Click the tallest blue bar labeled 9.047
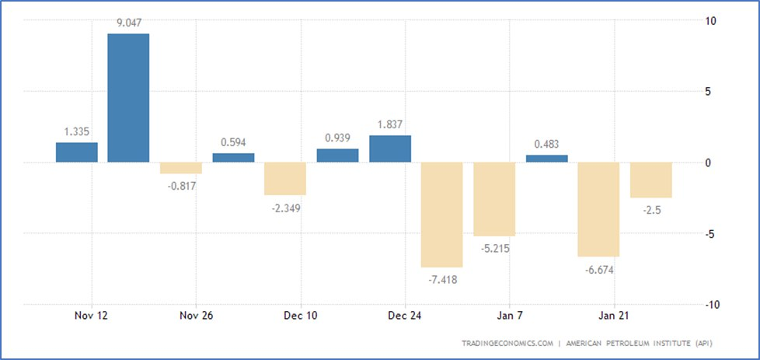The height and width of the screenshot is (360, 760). click(128, 97)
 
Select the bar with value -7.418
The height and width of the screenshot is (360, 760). click(442, 214)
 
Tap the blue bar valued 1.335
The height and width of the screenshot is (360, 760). click(77, 152)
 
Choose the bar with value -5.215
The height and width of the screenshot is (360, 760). click(494, 198)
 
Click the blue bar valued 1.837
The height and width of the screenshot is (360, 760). click(390, 149)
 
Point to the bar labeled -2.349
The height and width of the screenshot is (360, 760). click(285, 178)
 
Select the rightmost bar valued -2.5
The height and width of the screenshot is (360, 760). click(651, 180)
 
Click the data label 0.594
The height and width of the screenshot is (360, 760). click(233, 142)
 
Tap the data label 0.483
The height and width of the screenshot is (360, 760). click(547, 143)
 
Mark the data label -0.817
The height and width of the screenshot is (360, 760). click(180, 186)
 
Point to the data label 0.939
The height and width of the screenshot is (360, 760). click(338, 137)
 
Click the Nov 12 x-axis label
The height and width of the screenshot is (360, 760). click(92, 316)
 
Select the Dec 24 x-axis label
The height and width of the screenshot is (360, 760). click(405, 316)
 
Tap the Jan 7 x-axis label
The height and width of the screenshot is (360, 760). click(510, 316)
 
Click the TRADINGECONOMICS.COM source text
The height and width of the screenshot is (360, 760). click(507, 343)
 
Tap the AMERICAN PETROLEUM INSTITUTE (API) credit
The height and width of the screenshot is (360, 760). click(640, 343)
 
